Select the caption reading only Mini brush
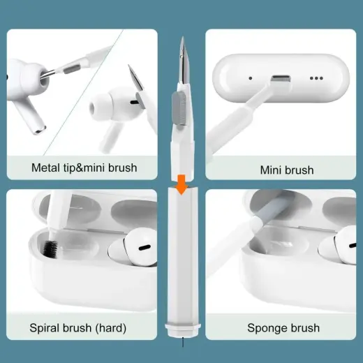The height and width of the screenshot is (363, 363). (286, 170)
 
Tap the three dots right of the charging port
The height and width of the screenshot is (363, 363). (317, 79)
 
